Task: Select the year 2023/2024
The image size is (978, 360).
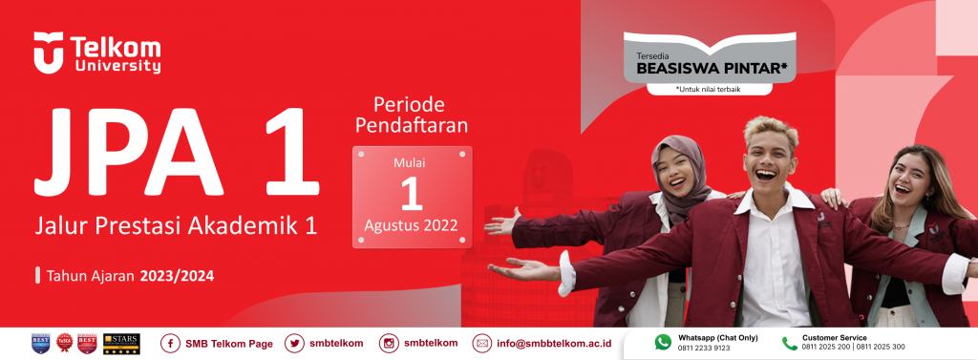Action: click(177, 276)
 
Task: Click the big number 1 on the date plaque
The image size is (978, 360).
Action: click(411, 193)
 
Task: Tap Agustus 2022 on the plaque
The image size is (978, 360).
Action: click(411, 226)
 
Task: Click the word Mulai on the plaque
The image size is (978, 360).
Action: click(411, 163)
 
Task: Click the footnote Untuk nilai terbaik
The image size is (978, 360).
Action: click(708, 89)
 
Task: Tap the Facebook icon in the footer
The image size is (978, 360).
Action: click(170, 344)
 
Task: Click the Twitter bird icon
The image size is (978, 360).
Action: click(293, 344)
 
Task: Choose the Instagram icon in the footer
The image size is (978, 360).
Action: click(390, 344)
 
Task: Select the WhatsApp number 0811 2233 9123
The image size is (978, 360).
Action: click(705, 348)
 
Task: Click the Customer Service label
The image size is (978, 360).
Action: click(835, 337)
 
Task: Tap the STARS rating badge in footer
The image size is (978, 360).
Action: click(121, 343)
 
